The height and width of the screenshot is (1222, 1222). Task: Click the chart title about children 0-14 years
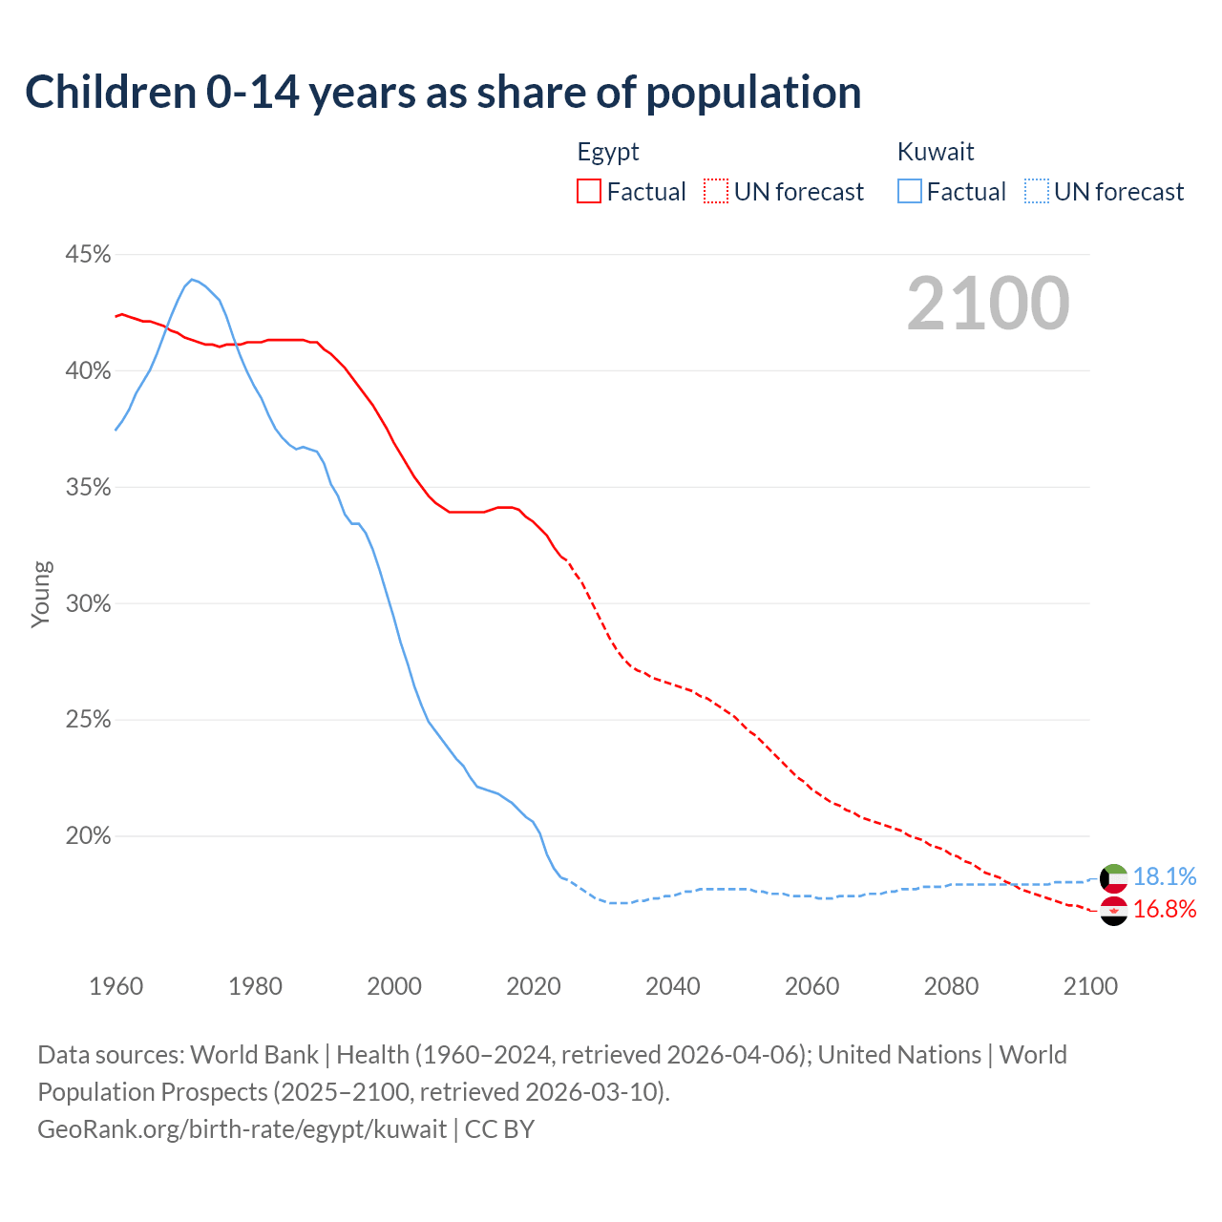tap(443, 93)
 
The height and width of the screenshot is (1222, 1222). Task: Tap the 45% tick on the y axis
tap(88, 255)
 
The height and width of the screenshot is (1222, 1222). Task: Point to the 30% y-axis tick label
tap(88, 604)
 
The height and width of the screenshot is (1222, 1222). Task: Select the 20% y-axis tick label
tap(88, 836)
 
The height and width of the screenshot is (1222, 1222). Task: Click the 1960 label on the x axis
tap(116, 986)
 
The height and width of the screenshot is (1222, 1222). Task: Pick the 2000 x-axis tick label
tap(394, 986)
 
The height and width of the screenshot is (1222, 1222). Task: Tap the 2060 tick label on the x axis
tap(811, 986)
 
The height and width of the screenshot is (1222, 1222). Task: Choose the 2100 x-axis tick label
tap(1090, 986)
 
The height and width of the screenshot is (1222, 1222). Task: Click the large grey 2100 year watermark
tap(988, 304)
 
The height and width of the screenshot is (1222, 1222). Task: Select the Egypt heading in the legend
tap(608, 152)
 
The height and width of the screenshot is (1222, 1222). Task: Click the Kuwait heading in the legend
tap(936, 152)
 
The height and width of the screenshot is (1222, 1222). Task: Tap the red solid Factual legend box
tap(589, 192)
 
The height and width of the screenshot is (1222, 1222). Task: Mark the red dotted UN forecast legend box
tap(716, 192)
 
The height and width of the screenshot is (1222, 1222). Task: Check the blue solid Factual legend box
tap(910, 192)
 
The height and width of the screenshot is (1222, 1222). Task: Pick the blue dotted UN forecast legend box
tap(1037, 192)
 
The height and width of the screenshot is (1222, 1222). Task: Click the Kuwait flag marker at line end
tap(1114, 877)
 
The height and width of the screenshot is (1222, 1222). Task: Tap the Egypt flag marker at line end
tap(1114, 911)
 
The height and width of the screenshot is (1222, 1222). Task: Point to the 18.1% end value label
tap(1165, 876)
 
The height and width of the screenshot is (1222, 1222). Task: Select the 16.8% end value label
tap(1165, 909)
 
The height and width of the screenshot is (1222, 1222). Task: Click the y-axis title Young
tap(41, 594)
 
